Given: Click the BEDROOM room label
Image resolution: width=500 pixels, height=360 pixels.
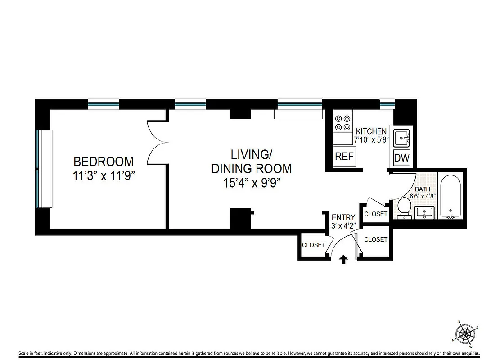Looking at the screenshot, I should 104,161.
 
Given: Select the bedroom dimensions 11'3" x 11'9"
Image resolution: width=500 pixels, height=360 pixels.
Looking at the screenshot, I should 104,176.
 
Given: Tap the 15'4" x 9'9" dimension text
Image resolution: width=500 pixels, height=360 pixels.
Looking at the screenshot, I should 251,183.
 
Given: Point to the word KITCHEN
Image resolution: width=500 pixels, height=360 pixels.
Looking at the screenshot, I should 371,131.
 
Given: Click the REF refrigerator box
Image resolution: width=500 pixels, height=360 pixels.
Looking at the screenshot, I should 344,157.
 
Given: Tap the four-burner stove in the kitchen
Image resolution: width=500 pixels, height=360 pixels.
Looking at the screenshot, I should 342,123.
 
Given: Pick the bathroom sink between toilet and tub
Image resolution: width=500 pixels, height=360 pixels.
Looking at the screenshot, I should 425,213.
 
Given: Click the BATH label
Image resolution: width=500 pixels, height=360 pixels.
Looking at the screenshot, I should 423,189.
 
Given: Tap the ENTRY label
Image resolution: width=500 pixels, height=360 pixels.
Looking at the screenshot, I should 343,218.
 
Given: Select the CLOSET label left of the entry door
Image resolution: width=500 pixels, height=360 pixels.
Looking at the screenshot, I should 313,245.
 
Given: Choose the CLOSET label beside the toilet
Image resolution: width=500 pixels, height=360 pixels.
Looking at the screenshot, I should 375,214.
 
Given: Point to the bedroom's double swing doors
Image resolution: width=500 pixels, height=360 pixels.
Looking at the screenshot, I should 157,143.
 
